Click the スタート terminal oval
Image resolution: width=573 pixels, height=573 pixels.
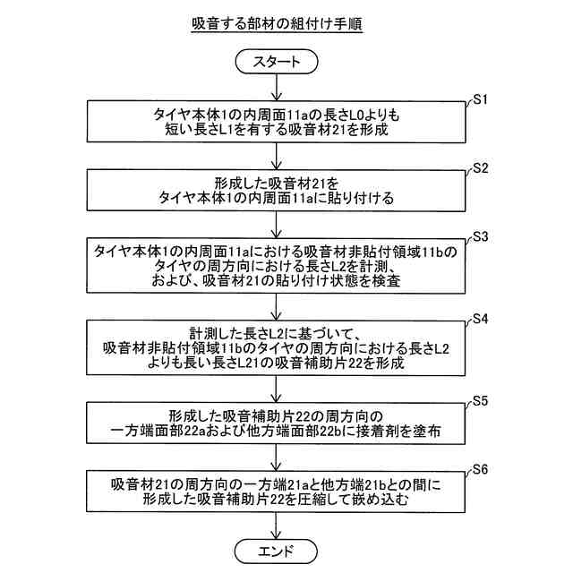pos(283,62)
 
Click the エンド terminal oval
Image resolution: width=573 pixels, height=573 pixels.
pos(283,548)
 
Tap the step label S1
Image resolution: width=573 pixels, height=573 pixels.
pos(479,98)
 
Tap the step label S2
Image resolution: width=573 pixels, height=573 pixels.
pos(479,167)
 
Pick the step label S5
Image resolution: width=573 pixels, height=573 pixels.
pos(479,400)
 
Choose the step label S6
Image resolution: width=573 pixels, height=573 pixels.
pos(479,469)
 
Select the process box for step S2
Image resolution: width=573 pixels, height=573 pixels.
pos(283,191)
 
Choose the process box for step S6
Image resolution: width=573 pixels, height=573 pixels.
pos(283,492)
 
